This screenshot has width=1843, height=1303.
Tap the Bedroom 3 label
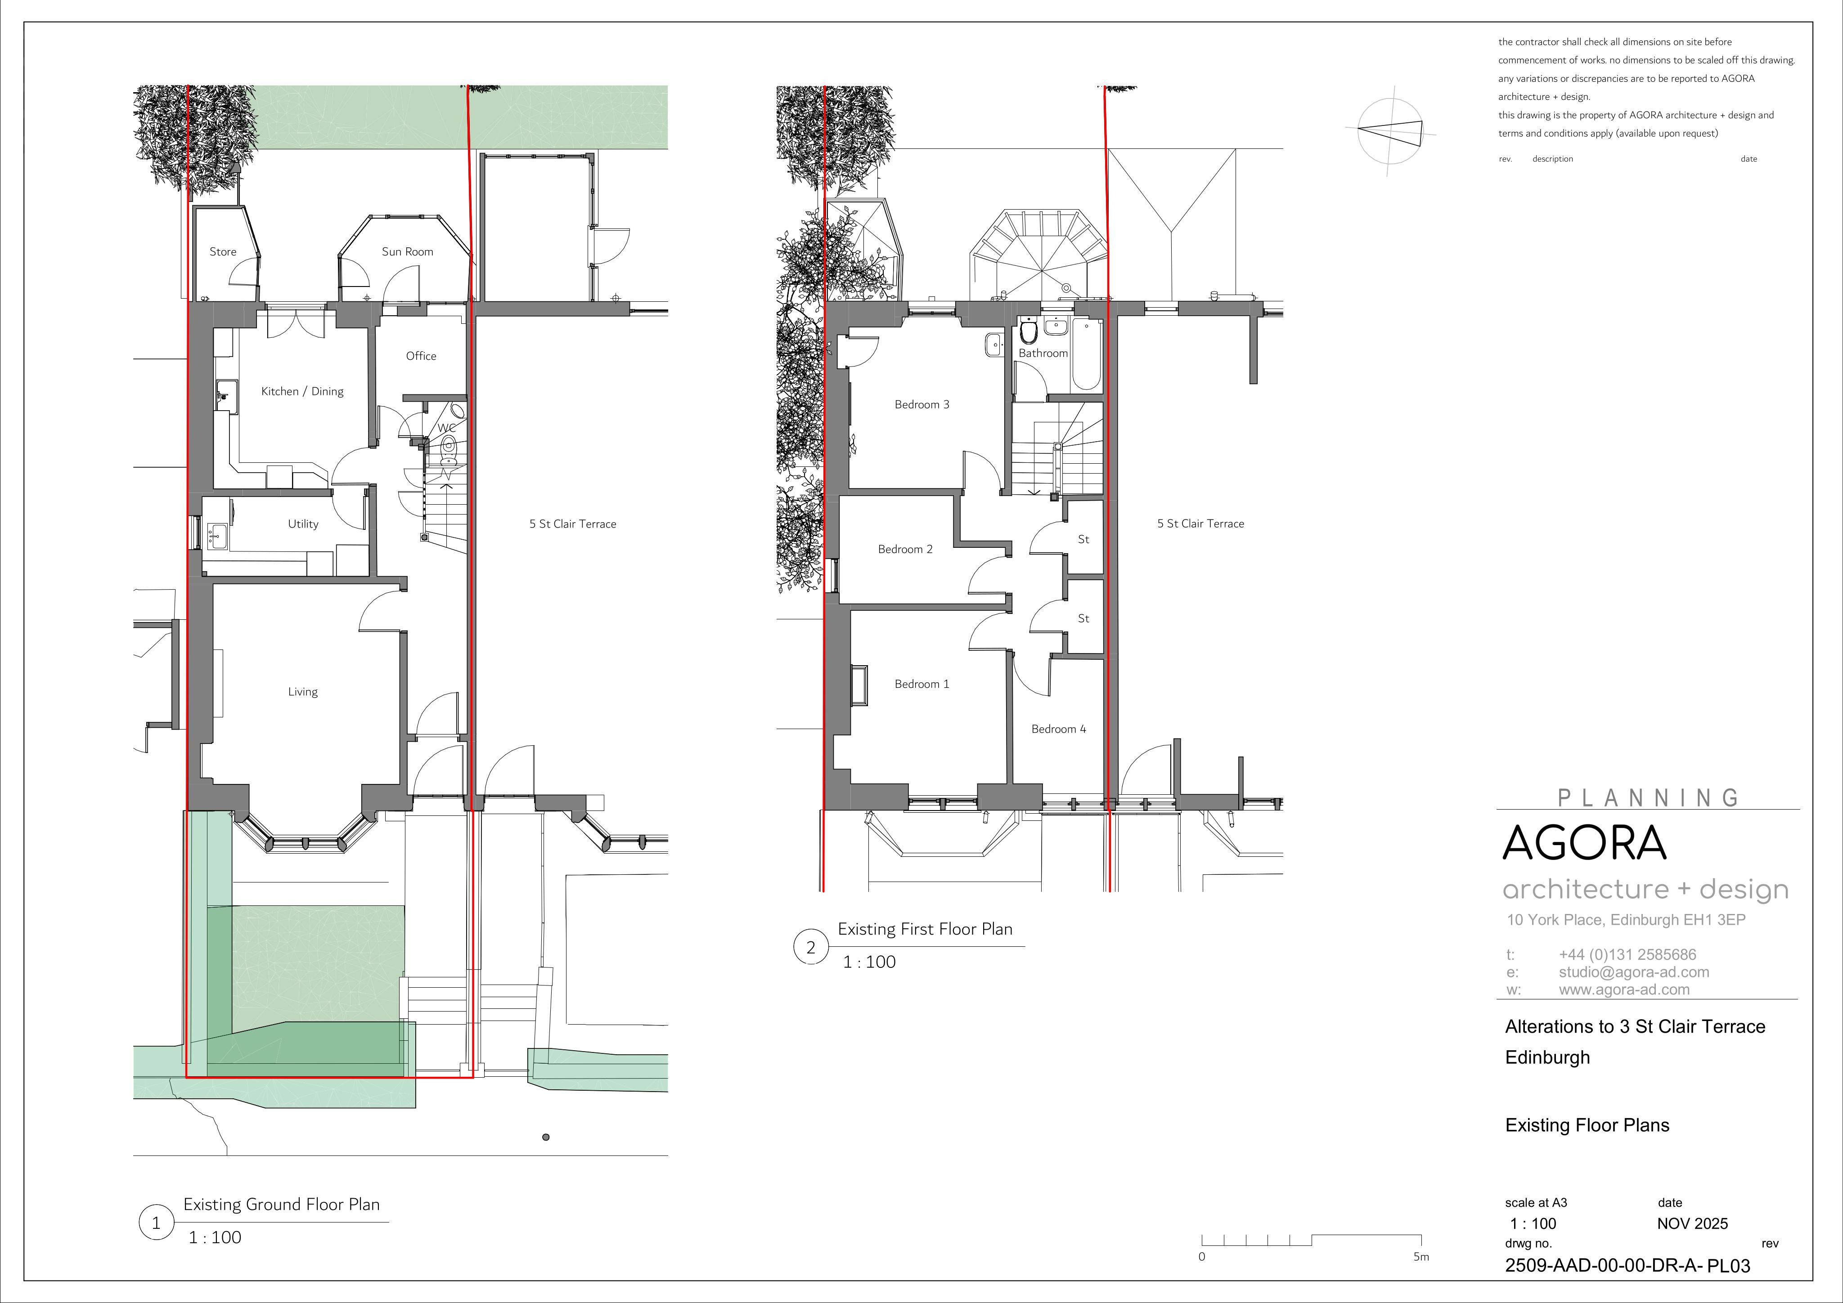tap(921, 404)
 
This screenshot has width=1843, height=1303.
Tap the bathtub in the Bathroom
tap(1087, 354)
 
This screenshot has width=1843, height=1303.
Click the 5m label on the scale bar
tap(1421, 1257)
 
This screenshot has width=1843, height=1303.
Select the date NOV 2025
tap(1692, 1223)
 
